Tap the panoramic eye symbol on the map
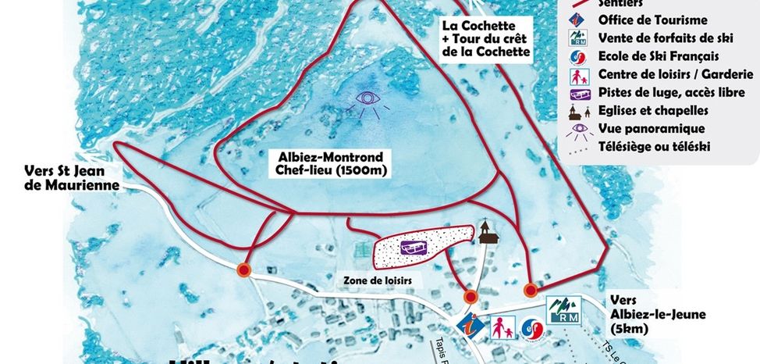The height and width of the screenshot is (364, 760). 365,102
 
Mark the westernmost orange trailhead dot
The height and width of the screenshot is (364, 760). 243,270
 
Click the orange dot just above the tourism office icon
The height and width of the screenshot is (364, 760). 470,297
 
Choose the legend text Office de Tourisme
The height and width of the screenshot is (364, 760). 641,20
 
